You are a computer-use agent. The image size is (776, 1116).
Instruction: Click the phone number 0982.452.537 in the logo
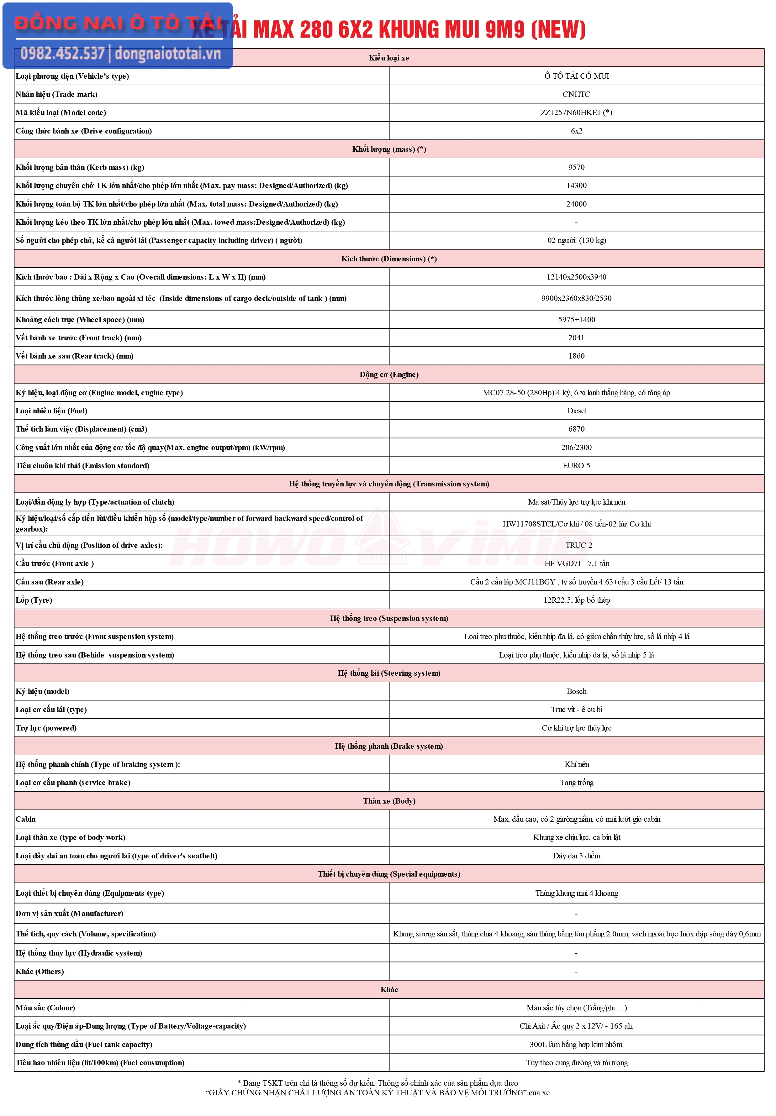(62, 54)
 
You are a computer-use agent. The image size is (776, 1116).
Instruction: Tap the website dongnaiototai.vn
(168, 54)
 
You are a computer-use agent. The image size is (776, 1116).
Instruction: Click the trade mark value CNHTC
(576, 94)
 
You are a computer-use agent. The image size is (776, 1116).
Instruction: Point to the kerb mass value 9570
(576, 167)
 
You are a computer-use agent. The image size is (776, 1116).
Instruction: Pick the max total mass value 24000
(576, 204)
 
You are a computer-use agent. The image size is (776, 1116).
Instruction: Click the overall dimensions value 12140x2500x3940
(576, 277)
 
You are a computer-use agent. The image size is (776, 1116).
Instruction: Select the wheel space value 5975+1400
(576, 320)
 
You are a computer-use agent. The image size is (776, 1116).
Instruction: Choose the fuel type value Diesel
(577, 411)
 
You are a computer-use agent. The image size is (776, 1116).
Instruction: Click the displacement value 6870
(576, 429)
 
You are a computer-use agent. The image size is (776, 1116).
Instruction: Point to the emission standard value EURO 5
(576, 466)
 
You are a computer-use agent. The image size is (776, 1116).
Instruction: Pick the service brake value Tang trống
(577, 783)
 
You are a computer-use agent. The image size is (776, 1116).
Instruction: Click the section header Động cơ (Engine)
(389, 374)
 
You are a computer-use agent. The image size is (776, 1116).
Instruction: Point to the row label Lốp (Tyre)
(34, 600)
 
